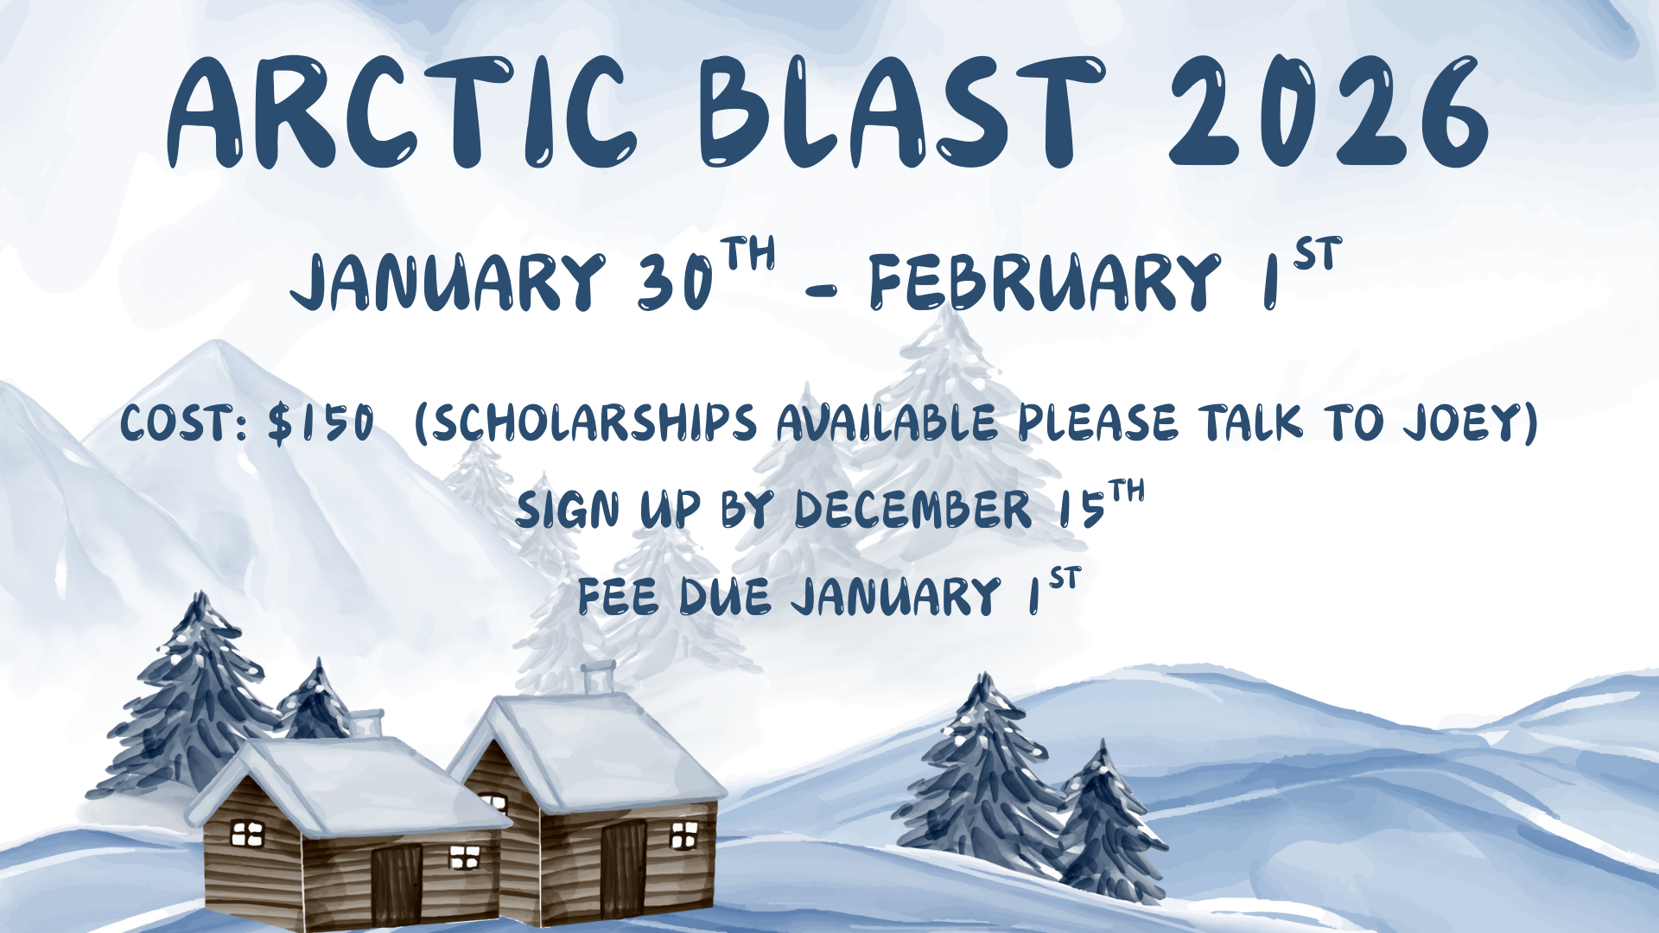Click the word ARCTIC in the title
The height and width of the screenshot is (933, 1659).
[402, 112]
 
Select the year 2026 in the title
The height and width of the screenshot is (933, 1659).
[1329, 112]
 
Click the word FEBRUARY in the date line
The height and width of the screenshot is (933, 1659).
[1045, 282]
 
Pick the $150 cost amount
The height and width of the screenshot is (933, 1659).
[321, 423]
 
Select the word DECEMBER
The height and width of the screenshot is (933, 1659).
[912, 510]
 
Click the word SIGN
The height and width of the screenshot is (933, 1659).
[568, 510]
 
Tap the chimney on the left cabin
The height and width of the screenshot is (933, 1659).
[366, 723]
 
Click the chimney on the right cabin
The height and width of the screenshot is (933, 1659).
[598, 677]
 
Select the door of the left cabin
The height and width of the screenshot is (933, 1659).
[397, 884]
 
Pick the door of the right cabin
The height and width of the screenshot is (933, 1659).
[624, 868]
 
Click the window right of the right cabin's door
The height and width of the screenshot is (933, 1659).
[684, 835]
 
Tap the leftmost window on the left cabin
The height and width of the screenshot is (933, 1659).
[247, 834]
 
